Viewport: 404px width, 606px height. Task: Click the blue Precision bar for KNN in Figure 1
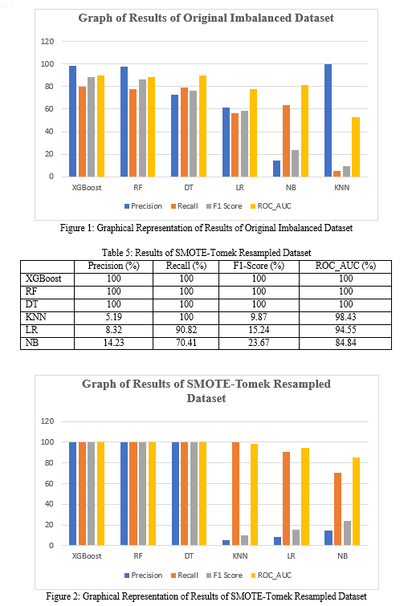click(x=328, y=120)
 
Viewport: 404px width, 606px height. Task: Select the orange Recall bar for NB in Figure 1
click(x=286, y=141)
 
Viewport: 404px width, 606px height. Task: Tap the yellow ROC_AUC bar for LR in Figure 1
click(x=253, y=133)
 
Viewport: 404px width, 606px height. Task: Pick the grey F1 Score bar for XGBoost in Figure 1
click(x=91, y=127)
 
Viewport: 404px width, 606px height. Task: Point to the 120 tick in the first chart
click(x=47, y=42)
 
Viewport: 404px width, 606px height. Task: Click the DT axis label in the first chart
click(x=189, y=188)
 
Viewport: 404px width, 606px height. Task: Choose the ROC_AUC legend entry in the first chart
click(x=271, y=206)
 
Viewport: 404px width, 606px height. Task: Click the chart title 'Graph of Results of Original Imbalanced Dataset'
click(x=206, y=18)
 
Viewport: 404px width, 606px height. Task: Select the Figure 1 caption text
click(x=206, y=228)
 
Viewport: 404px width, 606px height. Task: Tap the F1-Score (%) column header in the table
click(x=259, y=266)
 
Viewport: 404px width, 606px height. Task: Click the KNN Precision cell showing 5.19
click(x=113, y=317)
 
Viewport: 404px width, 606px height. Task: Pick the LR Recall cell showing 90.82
click(x=186, y=330)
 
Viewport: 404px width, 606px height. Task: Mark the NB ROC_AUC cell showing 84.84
click(x=345, y=343)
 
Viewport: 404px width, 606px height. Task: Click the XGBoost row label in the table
click(x=43, y=279)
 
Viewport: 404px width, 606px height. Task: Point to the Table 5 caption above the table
click(x=206, y=253)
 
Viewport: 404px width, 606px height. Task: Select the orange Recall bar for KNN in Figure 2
click(x=235, y=494)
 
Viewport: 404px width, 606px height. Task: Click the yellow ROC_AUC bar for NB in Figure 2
click(x=356, y=502)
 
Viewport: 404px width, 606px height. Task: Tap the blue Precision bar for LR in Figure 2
click(x=277, y=541)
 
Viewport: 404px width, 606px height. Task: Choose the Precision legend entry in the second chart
click(x=143, y=575)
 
